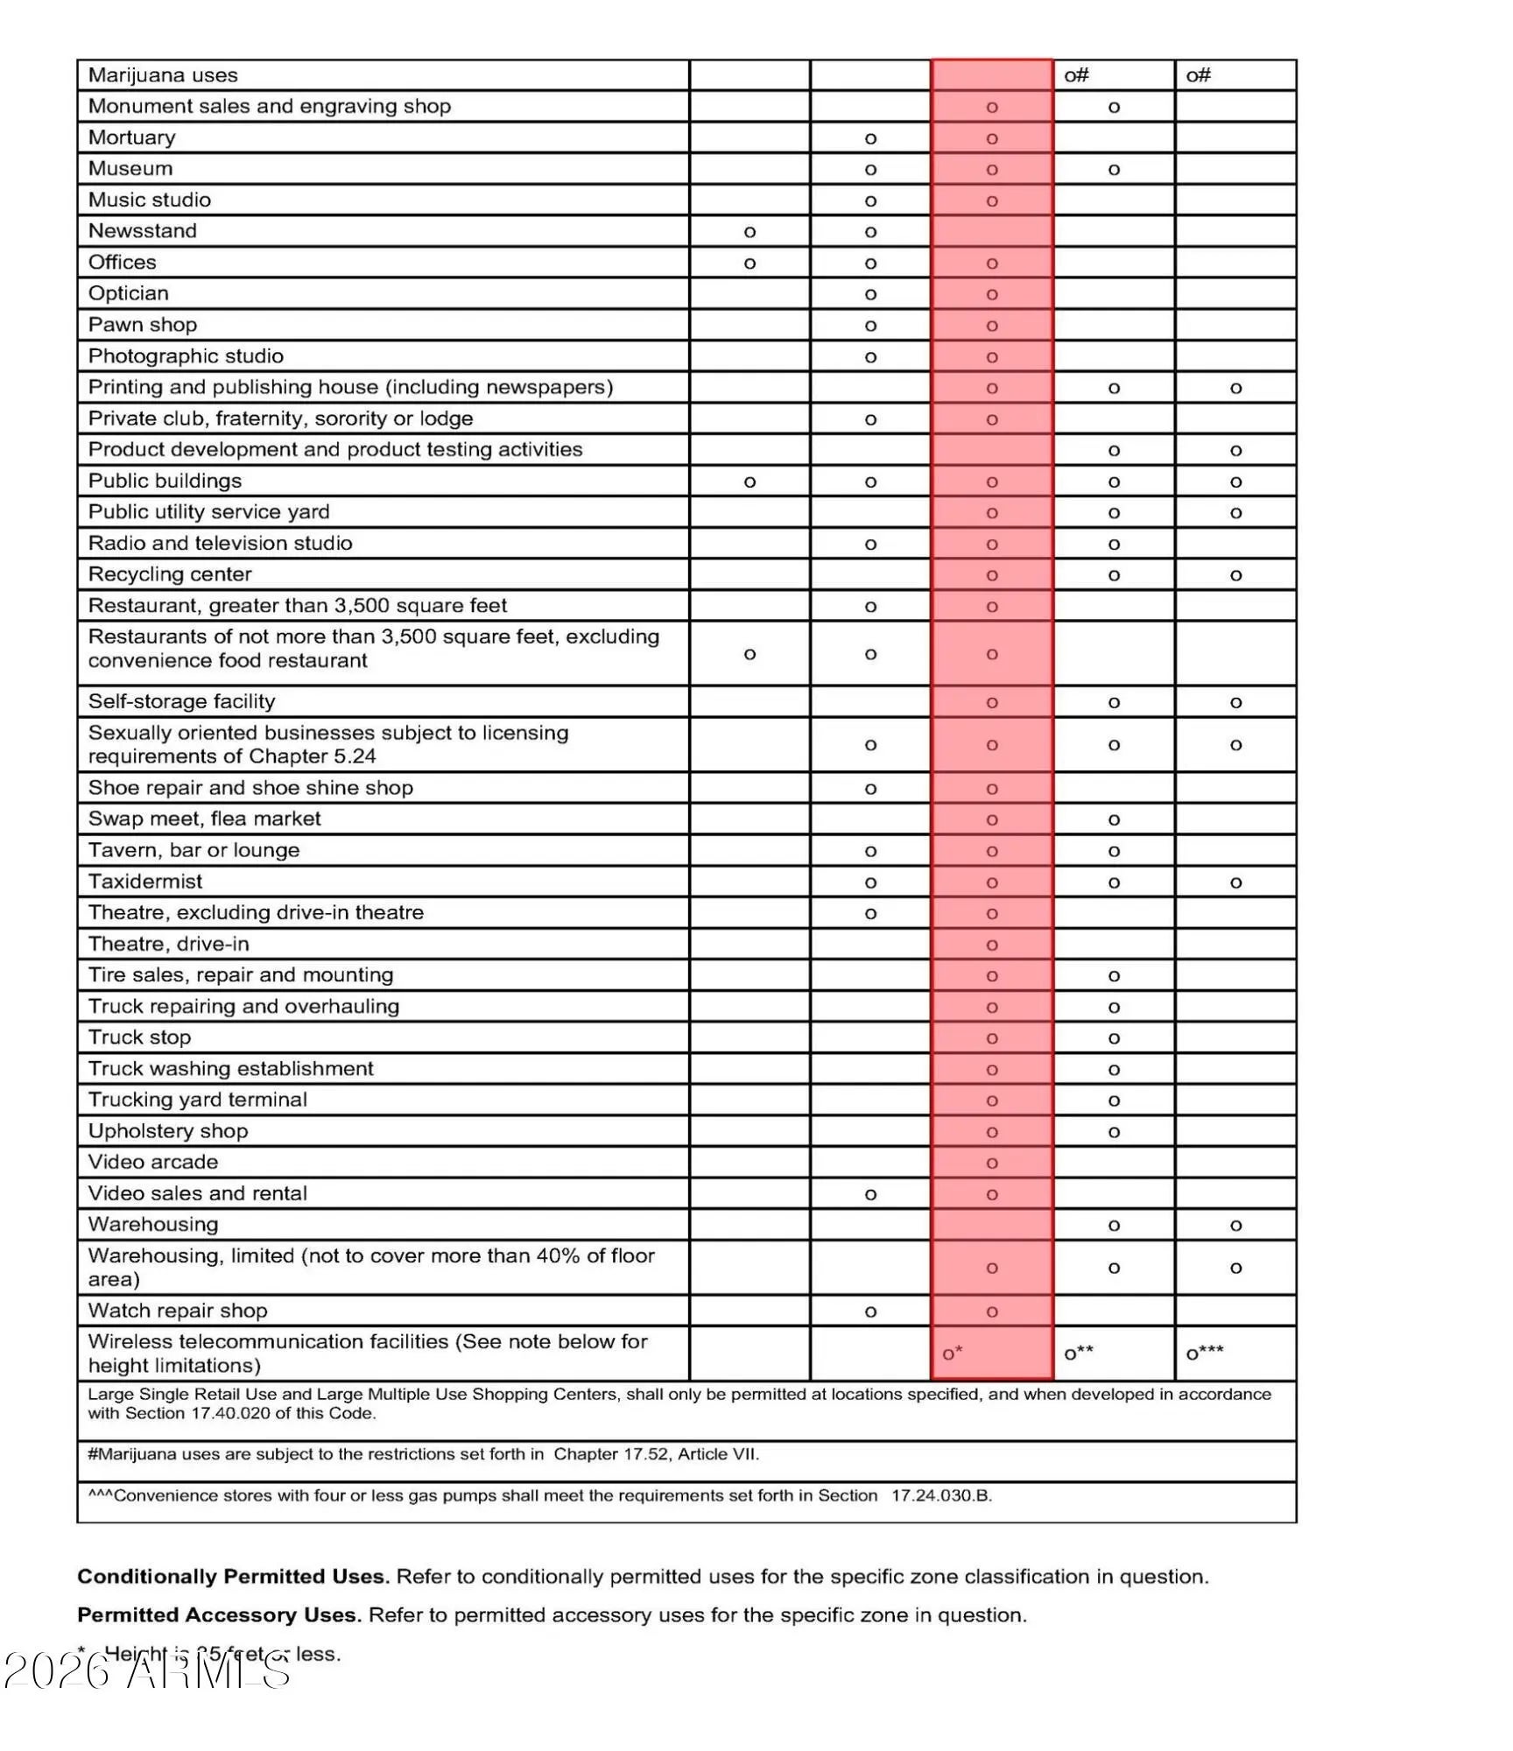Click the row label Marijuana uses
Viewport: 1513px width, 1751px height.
click(163, 75)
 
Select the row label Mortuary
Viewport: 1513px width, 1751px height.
click(131, 137)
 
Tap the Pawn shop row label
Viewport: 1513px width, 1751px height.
click(143, 325)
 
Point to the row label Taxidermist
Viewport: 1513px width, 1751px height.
click(145, 882)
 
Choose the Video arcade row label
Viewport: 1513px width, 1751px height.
click(153, 1162)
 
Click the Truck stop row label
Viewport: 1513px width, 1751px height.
click(139, 1037)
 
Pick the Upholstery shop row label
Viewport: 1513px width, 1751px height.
click(168, 1131)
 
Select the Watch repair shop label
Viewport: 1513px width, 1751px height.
click(178, 1311)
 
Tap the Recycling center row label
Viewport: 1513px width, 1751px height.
click(170, 574)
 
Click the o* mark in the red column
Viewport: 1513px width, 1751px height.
click(953, 1353)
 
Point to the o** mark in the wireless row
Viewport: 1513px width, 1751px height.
click(1079, 1353)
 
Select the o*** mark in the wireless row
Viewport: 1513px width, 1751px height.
click(1205, 1353)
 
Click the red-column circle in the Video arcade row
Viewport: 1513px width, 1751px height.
click(992, 1164)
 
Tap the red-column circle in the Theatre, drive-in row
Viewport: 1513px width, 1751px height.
click(992, 946)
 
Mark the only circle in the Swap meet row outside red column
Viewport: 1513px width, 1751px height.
click(1114, 820)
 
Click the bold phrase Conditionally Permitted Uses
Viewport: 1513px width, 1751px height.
click(233, 1577)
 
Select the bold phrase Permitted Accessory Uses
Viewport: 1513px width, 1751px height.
click(219, 1615)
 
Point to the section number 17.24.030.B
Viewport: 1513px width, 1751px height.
click(941, 1495)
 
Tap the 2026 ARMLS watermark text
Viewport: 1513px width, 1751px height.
click(147, 1670)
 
